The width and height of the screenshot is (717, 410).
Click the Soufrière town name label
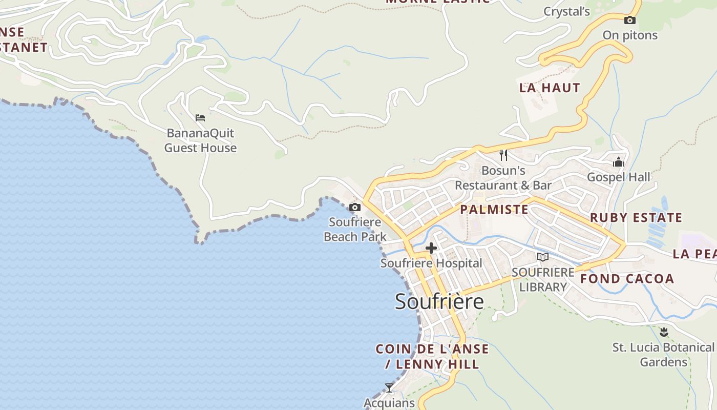[x=439, y=301]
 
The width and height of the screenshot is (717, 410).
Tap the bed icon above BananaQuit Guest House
[x=200, y=118]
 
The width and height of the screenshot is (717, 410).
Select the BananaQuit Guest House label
[x=200, y=140]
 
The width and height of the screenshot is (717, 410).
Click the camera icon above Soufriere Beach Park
[x=355, y=208]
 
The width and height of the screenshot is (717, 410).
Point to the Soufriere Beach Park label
[x=355, y=229]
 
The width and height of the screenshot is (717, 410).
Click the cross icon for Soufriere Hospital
[x=431, y=249]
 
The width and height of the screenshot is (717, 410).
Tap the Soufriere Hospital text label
[x=431, y=263]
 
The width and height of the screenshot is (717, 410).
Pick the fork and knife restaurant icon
[x=503, y=155]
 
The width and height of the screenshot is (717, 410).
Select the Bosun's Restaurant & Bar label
[x=503, y=178]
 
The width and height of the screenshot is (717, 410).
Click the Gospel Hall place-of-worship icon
[x=619, y=162]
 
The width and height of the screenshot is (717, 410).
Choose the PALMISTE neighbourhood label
[x=494, y=210]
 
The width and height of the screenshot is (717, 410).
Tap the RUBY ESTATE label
[x=636, y=218]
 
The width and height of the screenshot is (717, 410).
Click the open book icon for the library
[x=543, y=257]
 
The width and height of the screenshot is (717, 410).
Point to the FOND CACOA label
[x=627, y=279]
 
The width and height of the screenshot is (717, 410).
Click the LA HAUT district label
[x=550, y=88]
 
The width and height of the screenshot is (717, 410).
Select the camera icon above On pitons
[x=630, y=20]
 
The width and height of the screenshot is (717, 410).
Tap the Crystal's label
[x=566, y=12]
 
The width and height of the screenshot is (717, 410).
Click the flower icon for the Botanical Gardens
[x=664, y=332]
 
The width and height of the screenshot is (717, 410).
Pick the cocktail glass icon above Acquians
[x=389, y=387]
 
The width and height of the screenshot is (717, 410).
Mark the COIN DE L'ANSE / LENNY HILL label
[x=432, y=357]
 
